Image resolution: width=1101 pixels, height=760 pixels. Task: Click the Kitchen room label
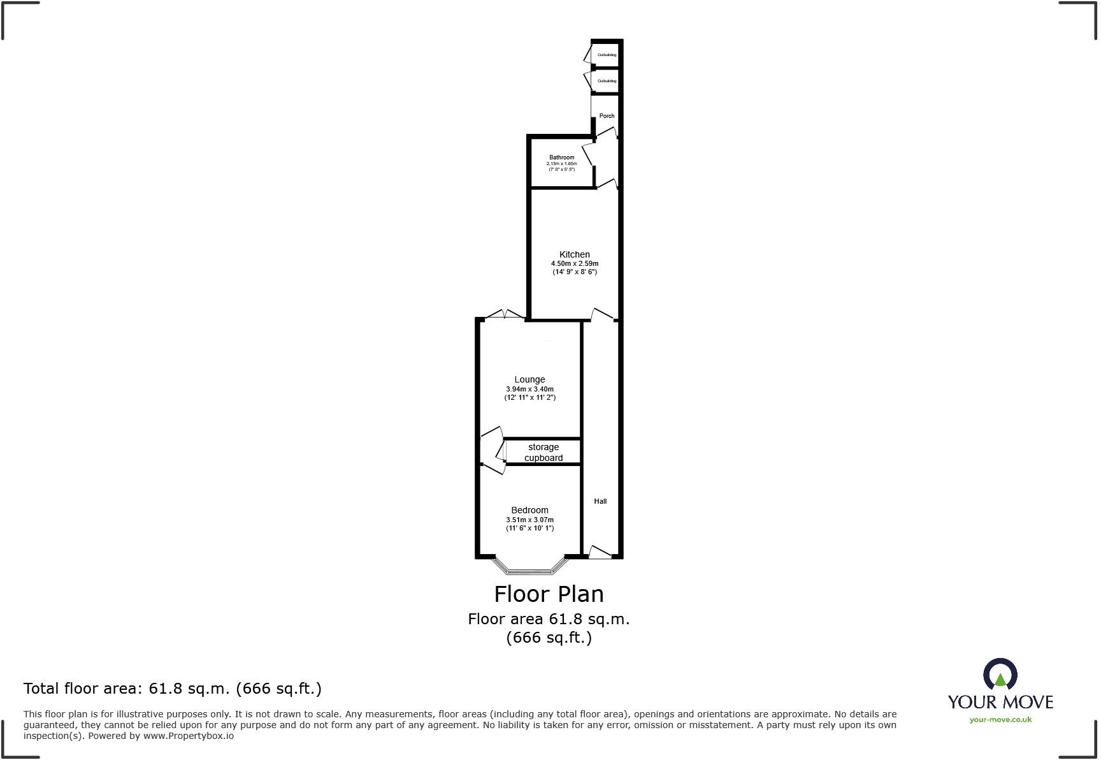[574, 254]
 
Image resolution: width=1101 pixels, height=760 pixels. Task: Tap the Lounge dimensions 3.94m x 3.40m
[529, 389]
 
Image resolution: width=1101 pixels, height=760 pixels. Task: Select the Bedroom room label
[529, 510]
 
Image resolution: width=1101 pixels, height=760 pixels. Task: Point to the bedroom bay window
[530, 567]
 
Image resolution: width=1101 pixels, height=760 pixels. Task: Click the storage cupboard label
[543, 452]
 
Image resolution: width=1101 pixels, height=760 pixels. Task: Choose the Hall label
[600, 501]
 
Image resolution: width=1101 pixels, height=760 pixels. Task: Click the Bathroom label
[561, 157]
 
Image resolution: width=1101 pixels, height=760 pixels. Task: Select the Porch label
[607, 116]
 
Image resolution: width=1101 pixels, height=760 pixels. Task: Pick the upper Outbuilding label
[607, 55]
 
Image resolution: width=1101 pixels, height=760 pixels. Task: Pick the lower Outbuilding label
[607, 81]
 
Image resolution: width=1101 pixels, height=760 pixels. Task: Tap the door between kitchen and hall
[602, 315]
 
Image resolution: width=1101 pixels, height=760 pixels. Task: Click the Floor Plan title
[549, 594]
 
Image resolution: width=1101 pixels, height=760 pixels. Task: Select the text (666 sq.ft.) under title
[549, 637]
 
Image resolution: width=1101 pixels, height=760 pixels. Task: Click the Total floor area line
[172, 688]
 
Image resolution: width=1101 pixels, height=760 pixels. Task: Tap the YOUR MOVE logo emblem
[1000, 675]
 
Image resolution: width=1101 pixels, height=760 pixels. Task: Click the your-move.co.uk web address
[1000, 719]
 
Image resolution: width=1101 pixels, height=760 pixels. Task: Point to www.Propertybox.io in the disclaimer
[187, 736]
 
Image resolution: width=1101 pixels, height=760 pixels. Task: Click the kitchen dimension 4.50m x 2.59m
[574, 263]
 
